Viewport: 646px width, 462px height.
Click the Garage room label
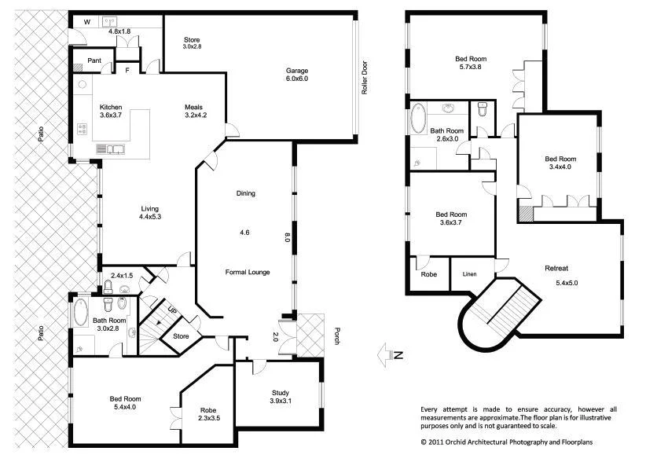click(296, 70)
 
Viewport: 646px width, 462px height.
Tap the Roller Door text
click(365, 79)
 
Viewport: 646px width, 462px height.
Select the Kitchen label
click(111, 107)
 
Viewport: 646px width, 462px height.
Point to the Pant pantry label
click(94, 60)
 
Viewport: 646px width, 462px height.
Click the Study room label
click(281, 393)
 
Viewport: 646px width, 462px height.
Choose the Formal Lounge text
click(248, 273)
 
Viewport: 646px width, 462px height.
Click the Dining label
click(246, 193)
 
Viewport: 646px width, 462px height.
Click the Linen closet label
click(468, 273)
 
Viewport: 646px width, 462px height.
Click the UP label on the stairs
click(172, 309)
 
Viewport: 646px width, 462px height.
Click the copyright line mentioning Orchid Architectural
click(508, 442)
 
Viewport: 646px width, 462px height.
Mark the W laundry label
click(86, 22)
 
